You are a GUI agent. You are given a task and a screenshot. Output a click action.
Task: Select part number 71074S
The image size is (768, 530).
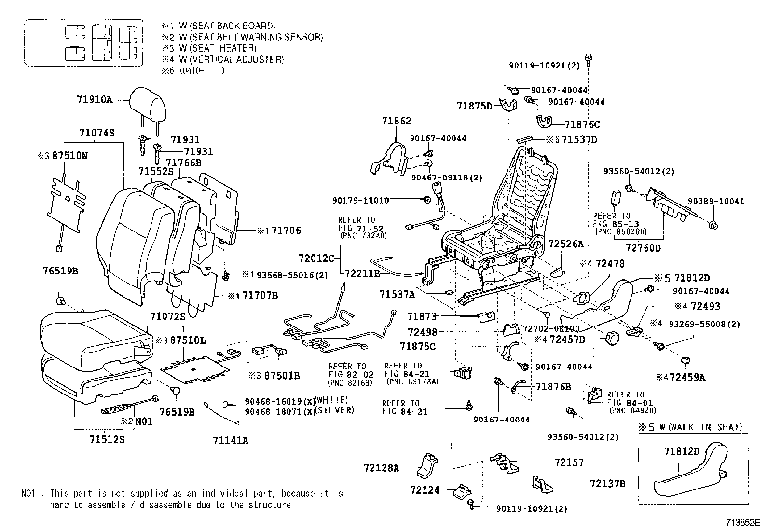[96, 133]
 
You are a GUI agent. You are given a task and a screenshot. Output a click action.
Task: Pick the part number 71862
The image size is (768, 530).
[397, 121]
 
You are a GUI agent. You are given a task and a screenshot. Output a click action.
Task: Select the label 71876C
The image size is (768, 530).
[582, 125]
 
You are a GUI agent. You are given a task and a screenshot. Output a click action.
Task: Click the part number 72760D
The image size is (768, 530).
[643, 248]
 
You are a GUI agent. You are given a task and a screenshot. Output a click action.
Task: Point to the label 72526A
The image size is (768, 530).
[566, 245]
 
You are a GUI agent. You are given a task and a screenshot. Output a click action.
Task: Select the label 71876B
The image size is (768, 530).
[553, 387]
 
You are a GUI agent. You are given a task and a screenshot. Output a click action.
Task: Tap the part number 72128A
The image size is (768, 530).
[381, 468]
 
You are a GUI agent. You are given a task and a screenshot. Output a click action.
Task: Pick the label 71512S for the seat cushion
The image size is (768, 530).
[107, 440]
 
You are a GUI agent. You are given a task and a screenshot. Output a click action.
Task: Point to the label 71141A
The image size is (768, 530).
[231, 440]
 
